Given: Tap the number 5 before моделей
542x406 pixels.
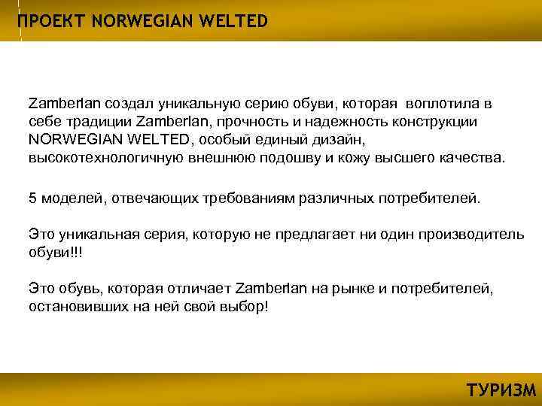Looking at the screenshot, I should (x=32, y=198).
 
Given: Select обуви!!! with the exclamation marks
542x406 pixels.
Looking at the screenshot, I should (x=56, y=253).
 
